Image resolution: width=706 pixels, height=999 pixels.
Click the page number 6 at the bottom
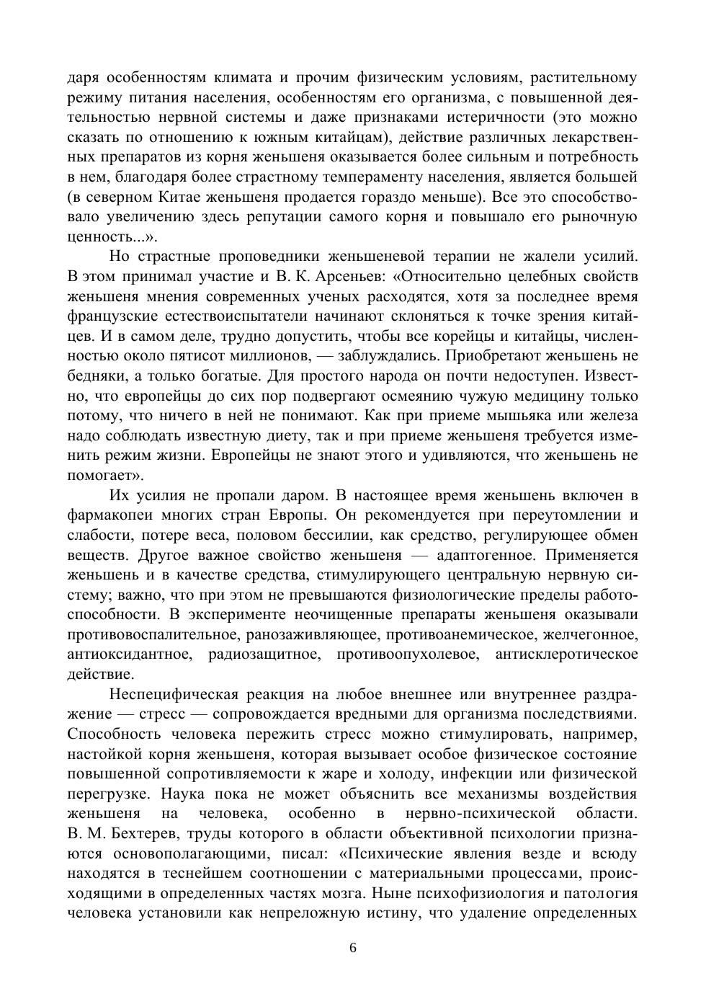click(352, 947)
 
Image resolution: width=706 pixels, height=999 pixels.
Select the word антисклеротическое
click(566, 654)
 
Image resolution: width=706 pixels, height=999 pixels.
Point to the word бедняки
click(96, 376)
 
